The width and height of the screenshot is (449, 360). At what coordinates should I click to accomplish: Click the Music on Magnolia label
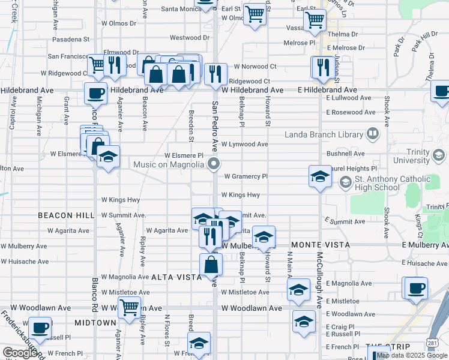pyautogui.click(x=170, y=164)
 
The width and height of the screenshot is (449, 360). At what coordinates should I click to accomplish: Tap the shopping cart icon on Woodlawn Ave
pyautogui.click(x=129, y=307)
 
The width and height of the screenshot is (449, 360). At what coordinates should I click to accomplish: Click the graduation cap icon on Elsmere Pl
pyautogui.click(x=108, y=157)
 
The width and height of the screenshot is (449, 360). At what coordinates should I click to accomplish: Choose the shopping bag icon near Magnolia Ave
pyautogui.click(x=211, y=264)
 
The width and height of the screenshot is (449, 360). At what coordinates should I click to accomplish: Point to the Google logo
pyautogui.click(x=20, y=353)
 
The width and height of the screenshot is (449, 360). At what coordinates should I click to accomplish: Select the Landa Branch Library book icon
pyautogui.click(x=373, y=134)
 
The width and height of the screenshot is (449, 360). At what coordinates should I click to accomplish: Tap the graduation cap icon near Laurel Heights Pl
pyautogui.click(x=320, y=176)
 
